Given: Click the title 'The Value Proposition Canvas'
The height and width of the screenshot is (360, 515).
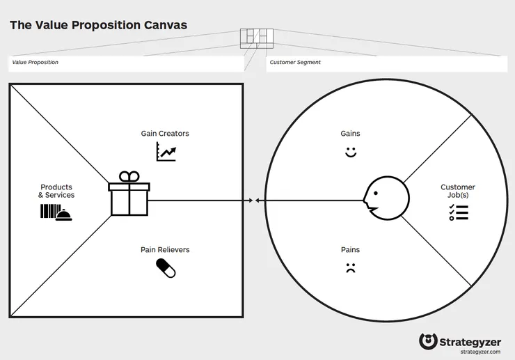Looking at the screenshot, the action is tap(99, 25).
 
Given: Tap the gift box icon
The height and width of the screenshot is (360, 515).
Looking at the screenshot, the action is tap(129, 194).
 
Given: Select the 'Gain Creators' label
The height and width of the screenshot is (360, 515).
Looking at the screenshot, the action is tap(165, 134).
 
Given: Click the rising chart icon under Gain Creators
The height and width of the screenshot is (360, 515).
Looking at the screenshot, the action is tap(166, 152).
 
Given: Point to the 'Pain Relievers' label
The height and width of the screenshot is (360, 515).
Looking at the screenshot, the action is tap(165, 250).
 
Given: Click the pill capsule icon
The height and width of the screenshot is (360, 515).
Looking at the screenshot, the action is tap(166, 268).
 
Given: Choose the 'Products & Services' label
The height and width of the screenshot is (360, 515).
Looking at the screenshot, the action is tap(56, 191).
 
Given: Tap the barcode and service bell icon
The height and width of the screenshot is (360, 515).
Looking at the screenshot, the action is tap(56, 212).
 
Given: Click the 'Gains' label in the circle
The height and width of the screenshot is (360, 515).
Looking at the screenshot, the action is tap(350, 134).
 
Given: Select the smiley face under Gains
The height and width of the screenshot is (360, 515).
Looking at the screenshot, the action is tap(351, 152).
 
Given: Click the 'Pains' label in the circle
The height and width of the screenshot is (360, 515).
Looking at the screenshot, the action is tap(350, 250).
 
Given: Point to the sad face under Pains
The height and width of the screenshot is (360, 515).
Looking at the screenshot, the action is tap(351, 268).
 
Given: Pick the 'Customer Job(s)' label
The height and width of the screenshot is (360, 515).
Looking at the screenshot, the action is tap(458, 191).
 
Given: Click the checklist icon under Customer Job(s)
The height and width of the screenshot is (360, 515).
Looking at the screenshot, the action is tap(459, 212).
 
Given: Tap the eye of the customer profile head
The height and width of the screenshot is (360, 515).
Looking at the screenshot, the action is tap(376, 194).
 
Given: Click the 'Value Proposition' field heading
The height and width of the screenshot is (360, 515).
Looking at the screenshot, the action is tap(35, 62).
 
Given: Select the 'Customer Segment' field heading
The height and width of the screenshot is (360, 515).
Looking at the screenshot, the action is tap(295, 62).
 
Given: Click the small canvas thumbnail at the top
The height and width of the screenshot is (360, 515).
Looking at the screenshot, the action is tap(257, 38).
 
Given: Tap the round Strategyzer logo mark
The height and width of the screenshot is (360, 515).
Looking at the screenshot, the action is tap(428, 341).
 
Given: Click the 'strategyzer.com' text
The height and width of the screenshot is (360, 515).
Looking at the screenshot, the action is tap(480, 352).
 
